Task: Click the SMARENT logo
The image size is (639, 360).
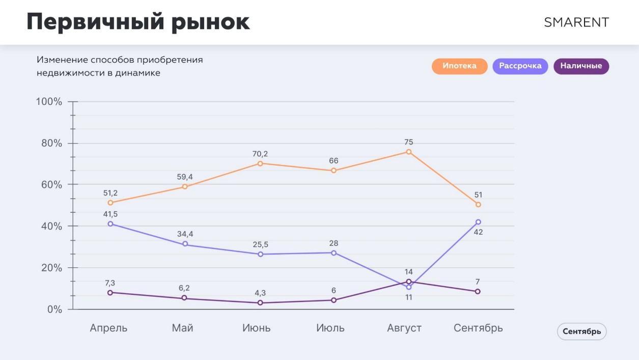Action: tap(576, 22)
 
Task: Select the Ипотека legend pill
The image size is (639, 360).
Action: tap(459, 66)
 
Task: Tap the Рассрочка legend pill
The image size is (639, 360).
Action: tap(520, 66)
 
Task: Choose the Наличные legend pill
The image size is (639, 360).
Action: tap(581, 66)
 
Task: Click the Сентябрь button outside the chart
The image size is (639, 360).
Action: tap(581, 331)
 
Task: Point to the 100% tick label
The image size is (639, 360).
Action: tap(49, 102)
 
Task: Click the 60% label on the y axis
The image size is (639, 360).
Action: tap(51, 185)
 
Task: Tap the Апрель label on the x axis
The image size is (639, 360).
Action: tap(108, 328)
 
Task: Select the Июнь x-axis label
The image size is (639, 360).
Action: tap(256, 328)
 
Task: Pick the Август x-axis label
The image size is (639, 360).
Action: tap(404, 328)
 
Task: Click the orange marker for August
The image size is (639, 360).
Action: tap(408, 152)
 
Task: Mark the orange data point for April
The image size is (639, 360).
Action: tap(110, 203)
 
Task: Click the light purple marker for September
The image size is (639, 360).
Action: tap(478, 222)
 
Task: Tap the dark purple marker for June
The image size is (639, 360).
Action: tap(260, 303)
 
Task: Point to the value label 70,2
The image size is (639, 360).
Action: tap(260, 154)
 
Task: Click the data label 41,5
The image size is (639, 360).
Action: tap(110, 214)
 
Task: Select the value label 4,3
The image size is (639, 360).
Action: tap(260, 293)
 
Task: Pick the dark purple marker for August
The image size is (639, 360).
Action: tap(408, 282)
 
